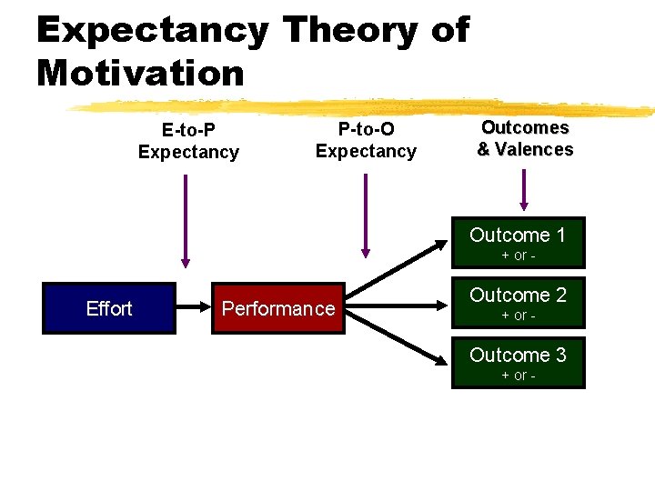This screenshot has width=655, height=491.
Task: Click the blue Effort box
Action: coord(108,308)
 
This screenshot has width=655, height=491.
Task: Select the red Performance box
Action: coord(278,308)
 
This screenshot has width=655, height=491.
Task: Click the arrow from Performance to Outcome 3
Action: coord(400,338)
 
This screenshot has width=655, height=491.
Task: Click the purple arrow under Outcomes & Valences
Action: coord(523,189)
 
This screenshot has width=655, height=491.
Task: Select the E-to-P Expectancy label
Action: coord(188,142)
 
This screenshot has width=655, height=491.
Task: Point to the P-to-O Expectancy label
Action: coord(366,140)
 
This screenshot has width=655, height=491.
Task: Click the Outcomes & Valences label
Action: coord(525,138)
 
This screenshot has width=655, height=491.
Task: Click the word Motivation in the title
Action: coord(141,73)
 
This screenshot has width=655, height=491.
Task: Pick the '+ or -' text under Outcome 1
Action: coord(518,256)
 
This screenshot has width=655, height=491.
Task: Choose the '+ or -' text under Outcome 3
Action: coord(518,376)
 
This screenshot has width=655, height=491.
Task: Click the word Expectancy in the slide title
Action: coord(153,30)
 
